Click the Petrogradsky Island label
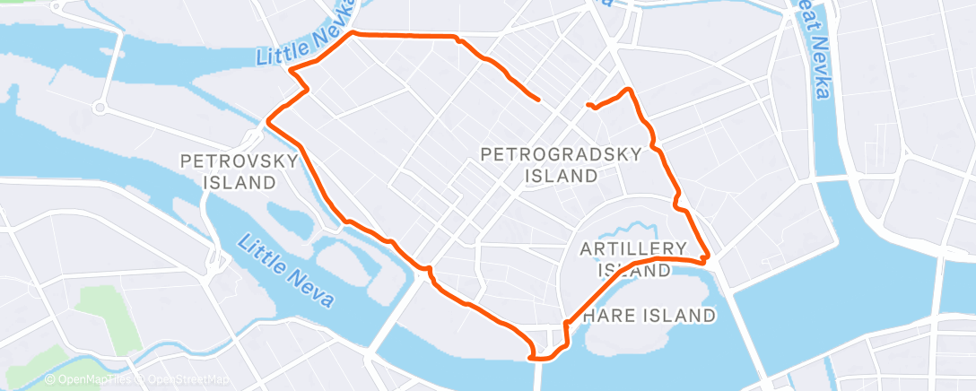coord(562,165)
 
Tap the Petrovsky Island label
coord(240,172)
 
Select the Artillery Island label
coord(633,258)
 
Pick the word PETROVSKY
coord(240,162)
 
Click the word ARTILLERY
coord(633,248)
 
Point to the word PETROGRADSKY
coord(562,154)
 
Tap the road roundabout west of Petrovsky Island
coord(100,109)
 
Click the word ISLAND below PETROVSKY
coord(240,183)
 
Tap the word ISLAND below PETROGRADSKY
coord(562,176)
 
